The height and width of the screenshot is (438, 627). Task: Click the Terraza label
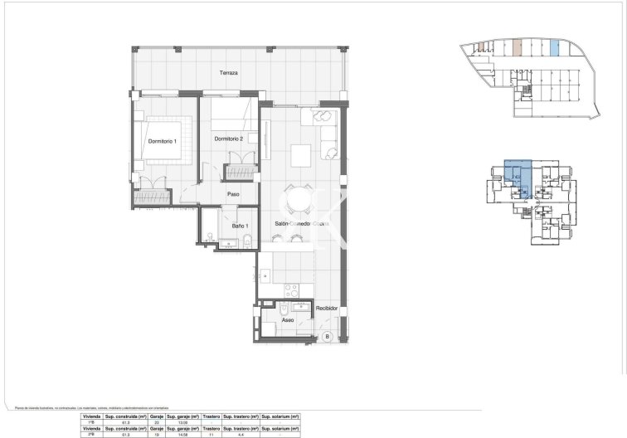229,73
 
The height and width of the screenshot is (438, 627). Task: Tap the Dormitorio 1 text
163,141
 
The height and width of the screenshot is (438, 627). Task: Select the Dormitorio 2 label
229,139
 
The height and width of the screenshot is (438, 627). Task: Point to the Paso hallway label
234,197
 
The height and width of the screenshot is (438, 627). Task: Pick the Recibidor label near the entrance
327,308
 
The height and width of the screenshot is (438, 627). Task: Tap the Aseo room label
288,319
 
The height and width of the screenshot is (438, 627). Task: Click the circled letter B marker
327,336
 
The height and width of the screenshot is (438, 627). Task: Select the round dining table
296,200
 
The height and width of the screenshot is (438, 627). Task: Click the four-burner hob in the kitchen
291,292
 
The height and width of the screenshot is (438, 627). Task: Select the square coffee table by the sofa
300,154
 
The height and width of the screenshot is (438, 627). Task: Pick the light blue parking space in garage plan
554,47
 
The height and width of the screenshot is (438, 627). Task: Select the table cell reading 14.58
181,434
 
